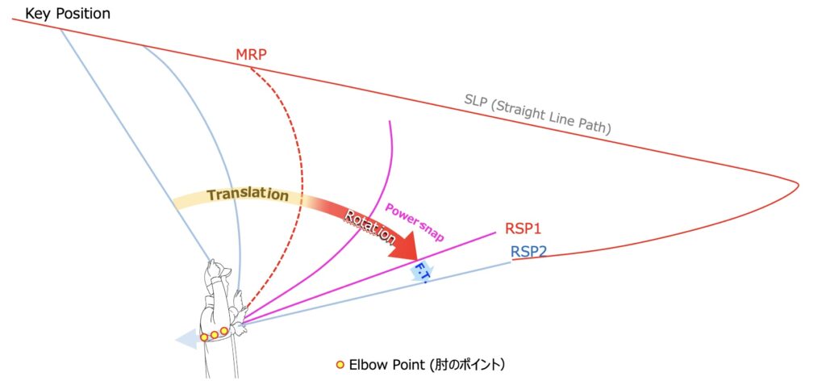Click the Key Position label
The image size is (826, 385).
(x=68, y=14)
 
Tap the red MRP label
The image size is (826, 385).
(x=251, y=55)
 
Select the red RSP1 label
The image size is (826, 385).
(x=524, y=230)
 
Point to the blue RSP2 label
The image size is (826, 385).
(x=529, y=252)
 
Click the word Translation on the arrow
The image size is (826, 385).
(x=247, y=195)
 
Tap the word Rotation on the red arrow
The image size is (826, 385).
(x=370, y=228)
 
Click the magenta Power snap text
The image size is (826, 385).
(x=414, y=222)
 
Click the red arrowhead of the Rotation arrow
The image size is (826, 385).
(x=408, y=247)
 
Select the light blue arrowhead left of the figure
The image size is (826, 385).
(x=186, y=341)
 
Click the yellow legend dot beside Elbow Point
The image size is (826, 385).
(x=340, y=365)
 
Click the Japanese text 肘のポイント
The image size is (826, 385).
(x=465, y=365)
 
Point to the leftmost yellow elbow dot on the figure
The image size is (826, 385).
(x=204, y=337)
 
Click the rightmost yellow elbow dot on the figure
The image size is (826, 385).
(x=223, y=331)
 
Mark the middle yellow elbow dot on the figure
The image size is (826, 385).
(x=214, y=334)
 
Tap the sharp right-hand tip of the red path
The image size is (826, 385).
(x=798, y=186)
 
